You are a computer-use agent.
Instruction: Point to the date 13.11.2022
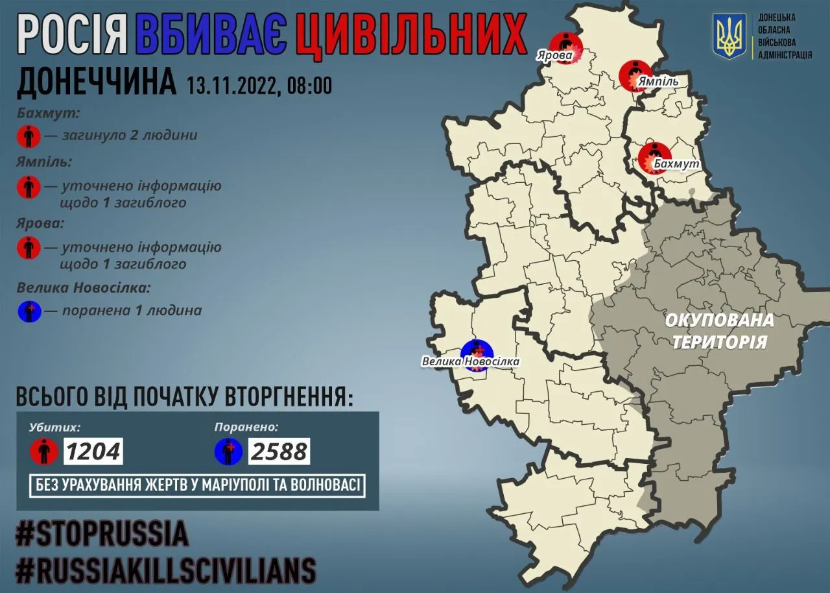(231, 85)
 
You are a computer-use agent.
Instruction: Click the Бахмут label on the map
(677, 164)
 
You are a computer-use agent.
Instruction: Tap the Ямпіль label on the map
(658, 82)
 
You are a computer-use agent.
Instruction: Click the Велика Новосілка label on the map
(470, 361)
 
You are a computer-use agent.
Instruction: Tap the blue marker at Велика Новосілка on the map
(477, 354)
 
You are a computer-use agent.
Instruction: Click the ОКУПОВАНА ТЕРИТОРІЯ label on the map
(720, 330)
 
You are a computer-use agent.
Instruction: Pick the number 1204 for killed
(93, 451)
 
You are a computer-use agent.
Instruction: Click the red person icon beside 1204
(44, 451)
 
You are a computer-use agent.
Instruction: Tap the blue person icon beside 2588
(229, 451)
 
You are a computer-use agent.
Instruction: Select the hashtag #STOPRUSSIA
(102, 534)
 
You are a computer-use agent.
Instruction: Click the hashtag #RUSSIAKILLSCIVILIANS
(166, 570)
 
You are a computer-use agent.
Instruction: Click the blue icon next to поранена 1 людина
(29, 311)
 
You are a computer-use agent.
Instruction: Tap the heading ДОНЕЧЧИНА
(95, 83)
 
